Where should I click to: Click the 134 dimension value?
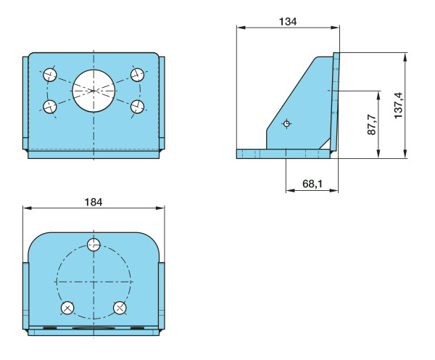pos(288,22)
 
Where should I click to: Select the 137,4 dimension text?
pos(398,105)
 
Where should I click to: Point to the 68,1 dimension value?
pos(312,184)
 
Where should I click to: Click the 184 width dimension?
pos(94,202)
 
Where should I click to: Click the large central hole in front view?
pos(94,91)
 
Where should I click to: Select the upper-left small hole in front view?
pos(50,75)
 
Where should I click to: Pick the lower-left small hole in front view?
pos(50,107)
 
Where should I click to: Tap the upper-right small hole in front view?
pos(137,75)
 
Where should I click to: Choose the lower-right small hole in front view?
pos(137,107)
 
